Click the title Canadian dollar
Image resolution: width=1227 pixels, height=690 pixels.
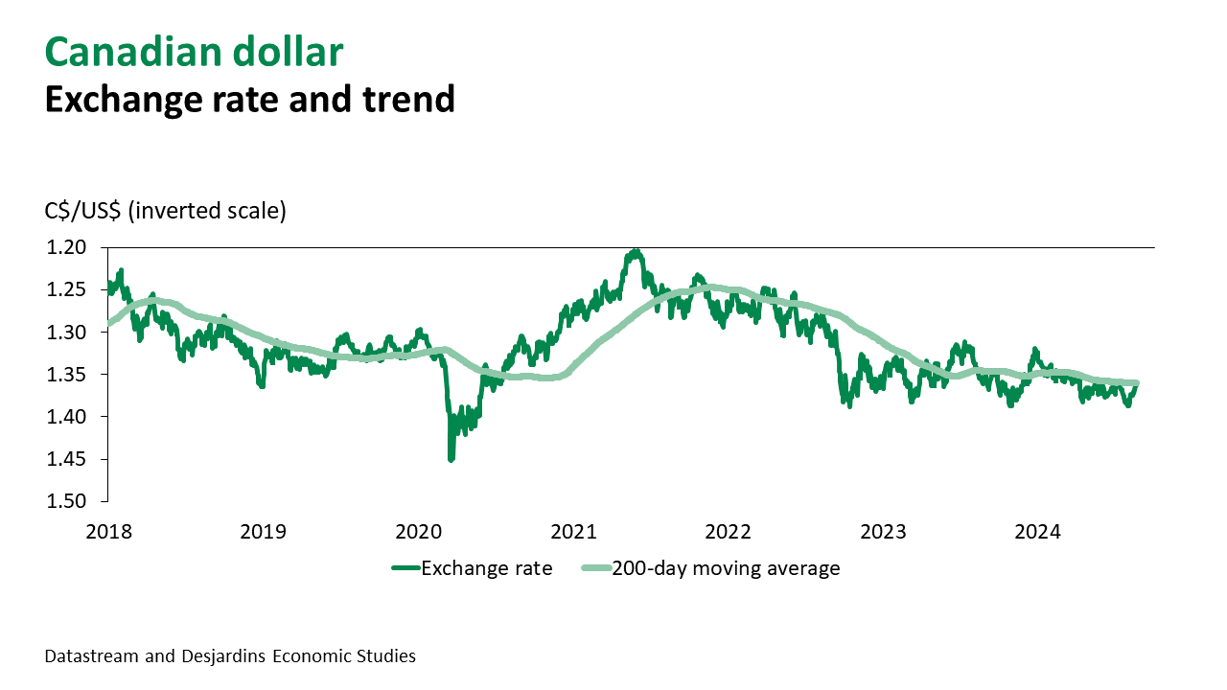click(x=194, y=53)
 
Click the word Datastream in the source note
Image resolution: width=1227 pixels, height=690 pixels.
click(x=90, y=656)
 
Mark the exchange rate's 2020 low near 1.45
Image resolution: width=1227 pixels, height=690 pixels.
click(x=451, y=458)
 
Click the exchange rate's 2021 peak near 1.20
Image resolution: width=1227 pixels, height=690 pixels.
click(x=635, y=252)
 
